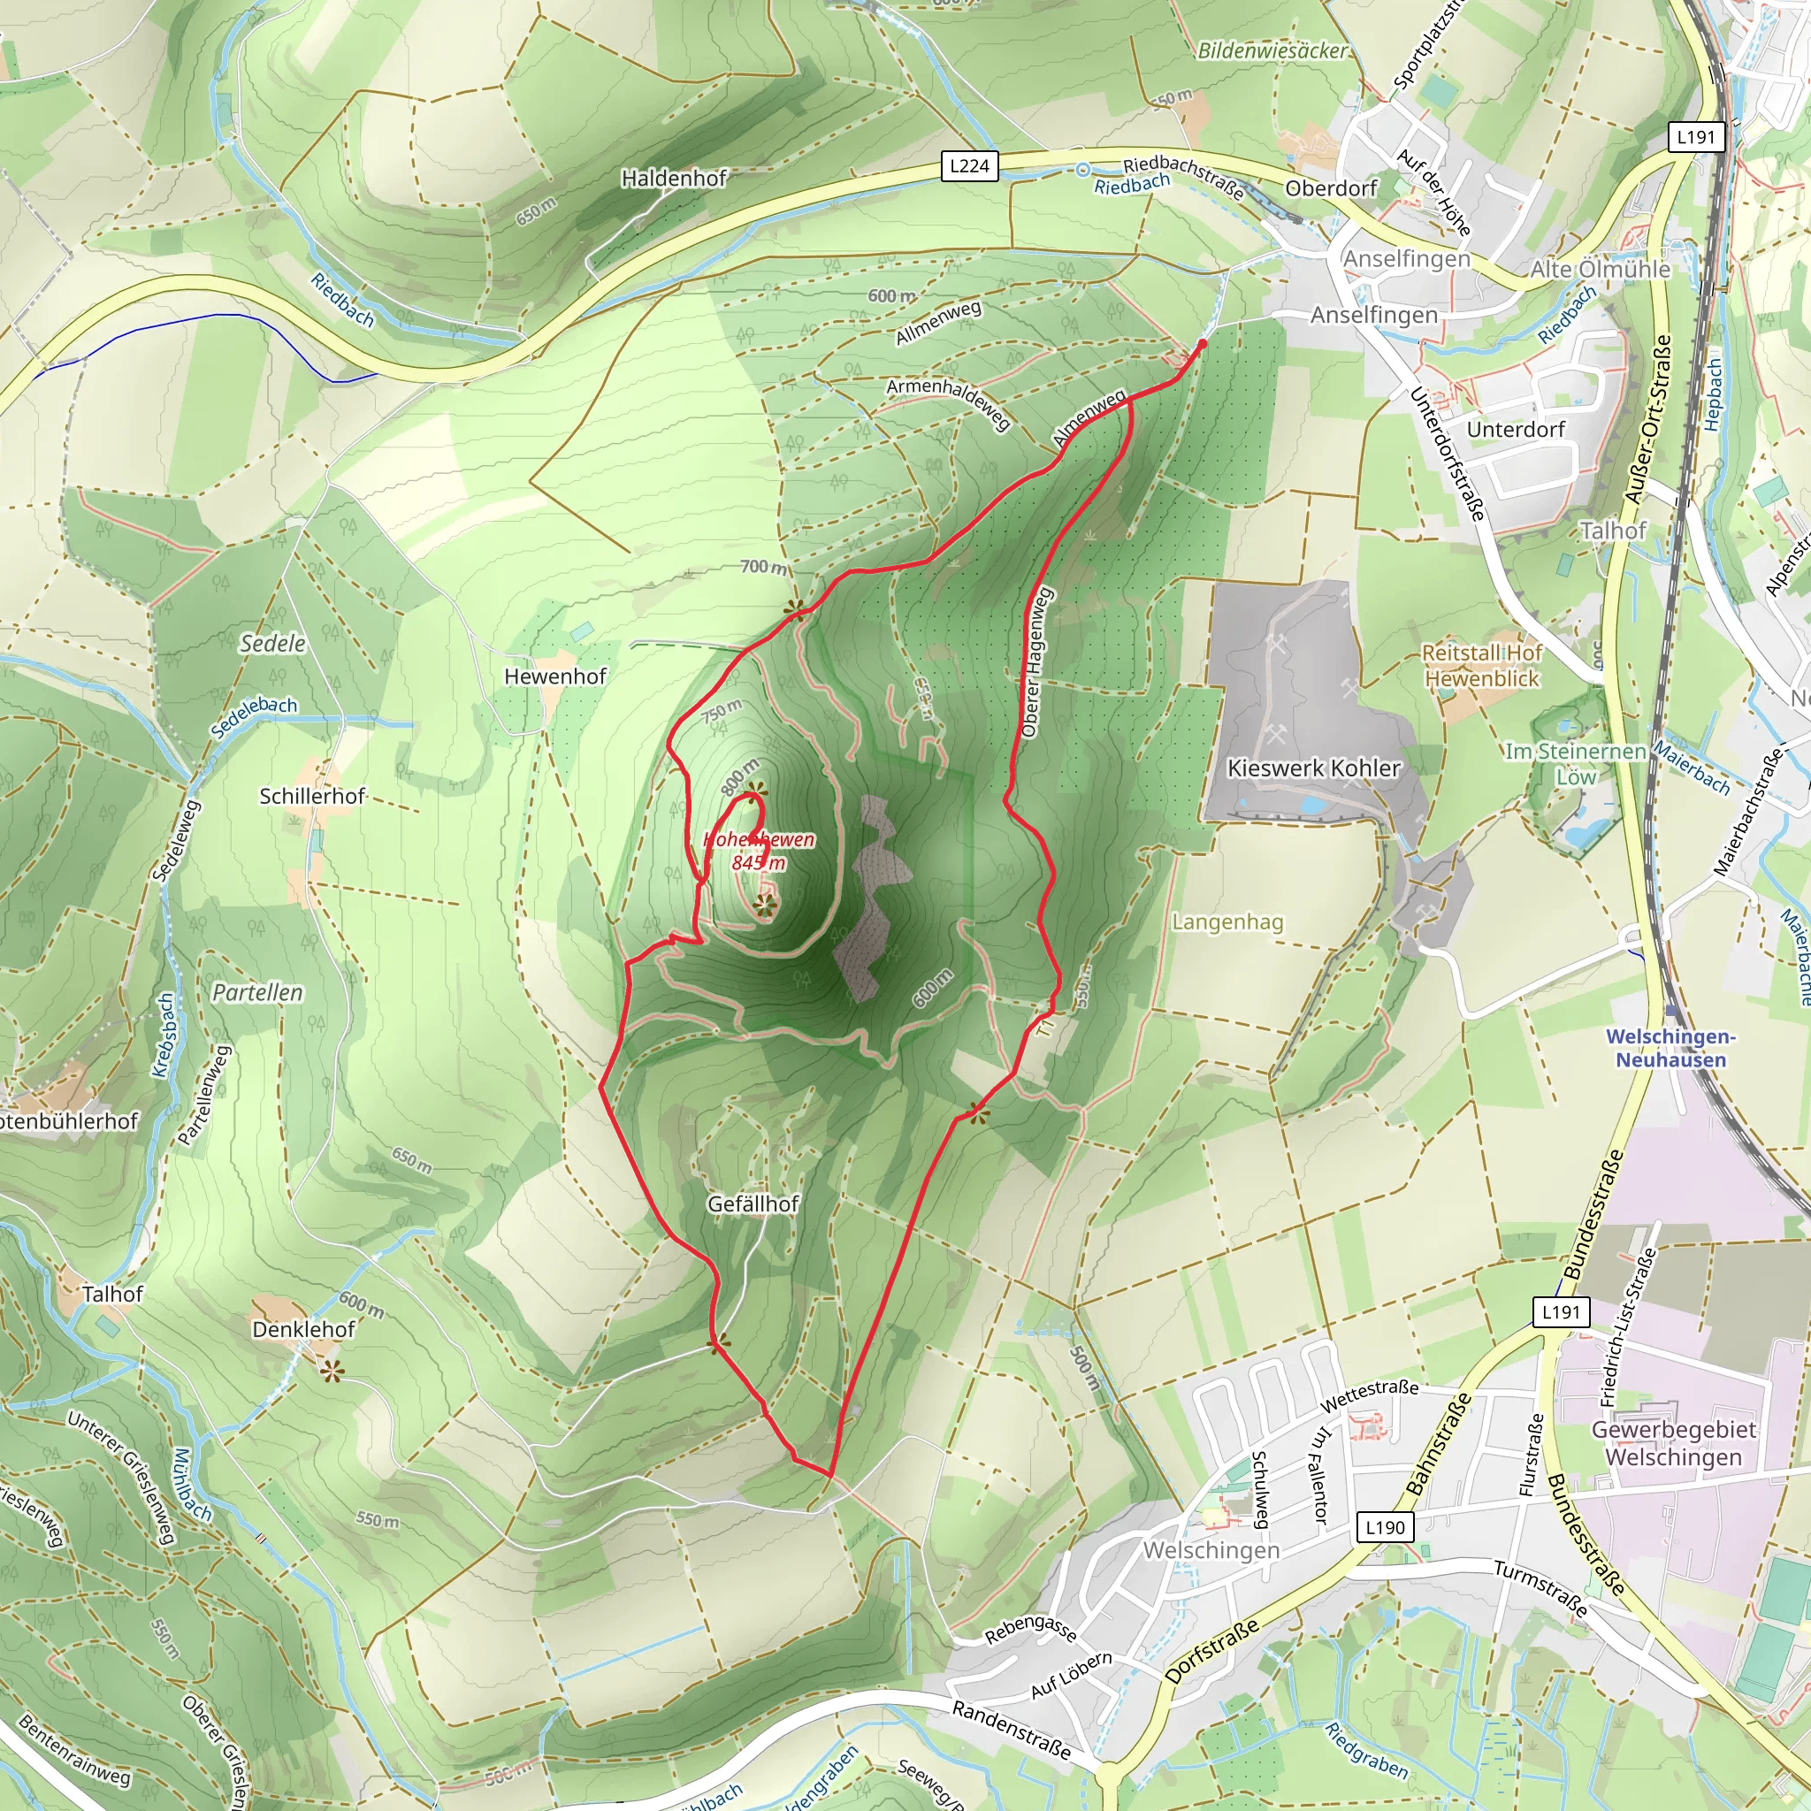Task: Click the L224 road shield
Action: [x=969, y=166]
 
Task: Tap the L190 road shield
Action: [x=1385, y=1527]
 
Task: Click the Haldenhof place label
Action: [x=673, y=177]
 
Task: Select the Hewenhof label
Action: [x=555, y=676]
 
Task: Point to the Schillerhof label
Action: [x=311, y=796]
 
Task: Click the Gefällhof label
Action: [x=753, y=1203]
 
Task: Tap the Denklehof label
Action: [x=303, y=1328]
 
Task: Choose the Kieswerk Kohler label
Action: [x=1313, y=768]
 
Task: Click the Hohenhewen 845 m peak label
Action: [x=759, y=850]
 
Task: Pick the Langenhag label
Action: [x=1227, y=921]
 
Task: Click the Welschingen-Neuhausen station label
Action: [x=1670, y=1048]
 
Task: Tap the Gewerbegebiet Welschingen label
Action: [x=1672, y=1442]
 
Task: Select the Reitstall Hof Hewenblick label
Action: [x=1481, y=665]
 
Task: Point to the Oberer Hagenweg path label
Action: [x=1035, y=661]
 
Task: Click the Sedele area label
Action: [x=271, y=643]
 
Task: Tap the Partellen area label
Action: [x=258, y=992]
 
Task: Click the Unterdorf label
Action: [x=1516, y=429]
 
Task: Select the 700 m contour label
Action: [x=763, y=566]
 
